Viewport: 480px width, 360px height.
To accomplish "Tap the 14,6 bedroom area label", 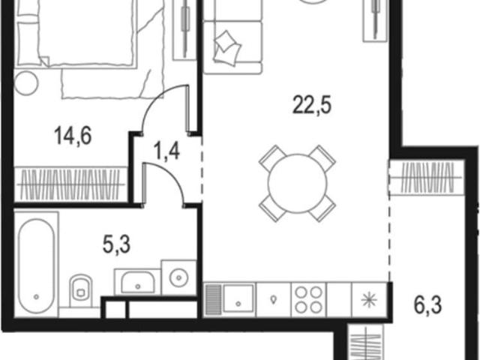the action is click(x=73, y=136).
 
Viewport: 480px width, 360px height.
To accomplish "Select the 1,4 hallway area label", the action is click(x=167, y=151).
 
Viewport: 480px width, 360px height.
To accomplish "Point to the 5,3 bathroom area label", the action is click(x=117, y=245).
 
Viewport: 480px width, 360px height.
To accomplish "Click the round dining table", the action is click(x=297, y=183).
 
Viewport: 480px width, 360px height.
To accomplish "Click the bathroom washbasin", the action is click(x=137, y=282).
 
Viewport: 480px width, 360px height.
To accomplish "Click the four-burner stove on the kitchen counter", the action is click(x=309, y=300).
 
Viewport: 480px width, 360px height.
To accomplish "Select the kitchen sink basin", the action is click(x=238, y=298).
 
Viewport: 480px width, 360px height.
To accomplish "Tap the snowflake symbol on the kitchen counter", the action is click(x=370, y=300).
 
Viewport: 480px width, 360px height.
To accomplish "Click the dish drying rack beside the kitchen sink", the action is click(x=214, y=300).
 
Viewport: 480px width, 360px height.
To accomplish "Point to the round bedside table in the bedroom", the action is click(x=26, y=83).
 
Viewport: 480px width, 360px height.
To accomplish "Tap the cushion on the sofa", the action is click(x=227, y=47).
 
